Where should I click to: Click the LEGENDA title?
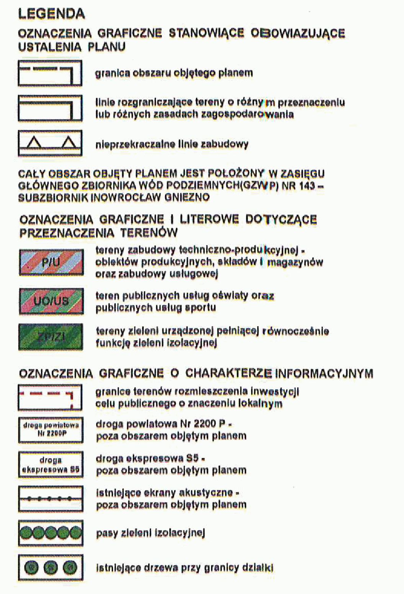click(51, 14)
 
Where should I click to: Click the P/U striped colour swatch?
click(51, 262)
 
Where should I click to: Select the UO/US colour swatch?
click(51, 301)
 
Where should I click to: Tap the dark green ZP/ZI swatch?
click(51, 337)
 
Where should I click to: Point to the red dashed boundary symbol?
click(50, 398)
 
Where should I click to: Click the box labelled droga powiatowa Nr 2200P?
click(51, 429)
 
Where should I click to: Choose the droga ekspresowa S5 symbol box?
click(51, 465)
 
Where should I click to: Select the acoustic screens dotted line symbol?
click(51, 499)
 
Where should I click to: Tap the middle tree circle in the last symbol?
click(51, 568)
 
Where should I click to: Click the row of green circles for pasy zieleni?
click(51, 533)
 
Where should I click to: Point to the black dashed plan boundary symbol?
click(50, 73)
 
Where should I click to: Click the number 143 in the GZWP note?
click(306, 186)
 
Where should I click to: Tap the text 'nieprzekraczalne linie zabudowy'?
click(172, 144)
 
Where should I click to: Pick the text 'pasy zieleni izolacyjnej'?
click(150, 533)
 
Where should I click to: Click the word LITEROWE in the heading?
click(209, 219)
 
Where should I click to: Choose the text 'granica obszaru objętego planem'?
click(174, 73)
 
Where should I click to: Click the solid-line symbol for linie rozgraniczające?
click(50, 108)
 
